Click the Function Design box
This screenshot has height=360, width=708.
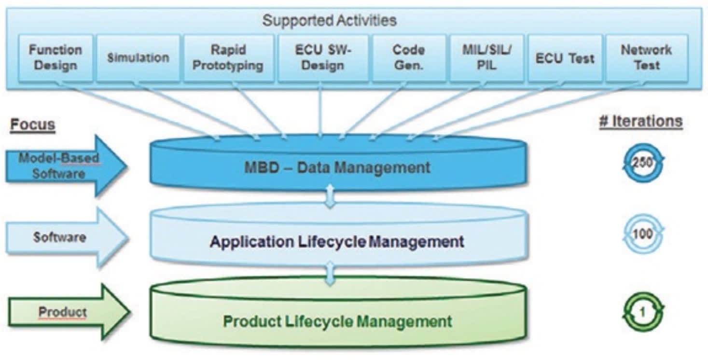pyautogui.click(x=55, y=57)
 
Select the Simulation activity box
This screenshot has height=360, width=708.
pyautogui.click(x=138, y=57)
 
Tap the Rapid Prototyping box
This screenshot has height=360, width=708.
pyautogui.click(x=228, y=57)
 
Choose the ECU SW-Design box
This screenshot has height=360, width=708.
pyautogui.click(x=322, y=57)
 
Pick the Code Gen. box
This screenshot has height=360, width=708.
pyautogui.click(x=408, y=57)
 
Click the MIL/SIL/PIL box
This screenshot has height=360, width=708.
pyautogui.click(x=486, y=57)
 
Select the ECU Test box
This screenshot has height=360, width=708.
pyautogui.click(x=564, y=58)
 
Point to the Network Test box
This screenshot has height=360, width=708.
pyautogui.click(x=646, y=57)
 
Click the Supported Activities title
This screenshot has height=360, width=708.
pyautogui.click(x=329, y=20)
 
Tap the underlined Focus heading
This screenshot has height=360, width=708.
pyautogui.click(x=33, y=125)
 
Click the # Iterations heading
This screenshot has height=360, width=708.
pyautogui.click(x=640, y=121)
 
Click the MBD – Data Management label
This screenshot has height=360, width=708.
pyautogui.click(x=336, y=167)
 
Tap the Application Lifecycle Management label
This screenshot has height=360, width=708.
pyautogui.click(x=336, y=241)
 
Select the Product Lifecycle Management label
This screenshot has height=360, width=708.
pyautogui.click(x=337, y=321)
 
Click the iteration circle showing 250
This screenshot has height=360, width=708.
pyautogui.click(x=642, y=163)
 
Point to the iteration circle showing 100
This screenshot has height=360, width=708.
pyautogui.click(x=642, y=234)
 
